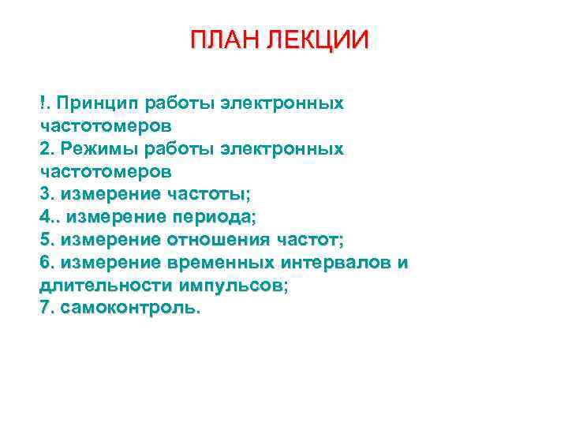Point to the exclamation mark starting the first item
point(41,103)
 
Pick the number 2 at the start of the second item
point(43,148)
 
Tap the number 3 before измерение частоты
point(43,193)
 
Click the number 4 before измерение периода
point(43,216)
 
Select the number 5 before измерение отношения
point(43,239)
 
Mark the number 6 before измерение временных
point(43,262)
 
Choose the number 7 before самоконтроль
point(43,308)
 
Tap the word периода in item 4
point(215,216)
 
